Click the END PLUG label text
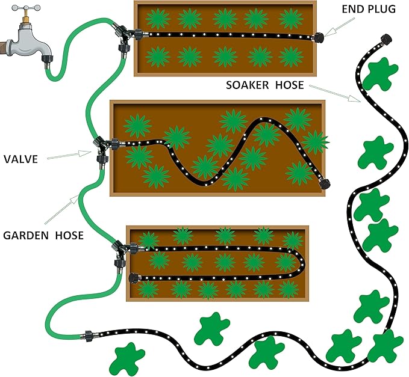(x=369, y=9)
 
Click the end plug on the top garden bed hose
(x=318, y=36)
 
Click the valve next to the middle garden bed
(x=101, y=148)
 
